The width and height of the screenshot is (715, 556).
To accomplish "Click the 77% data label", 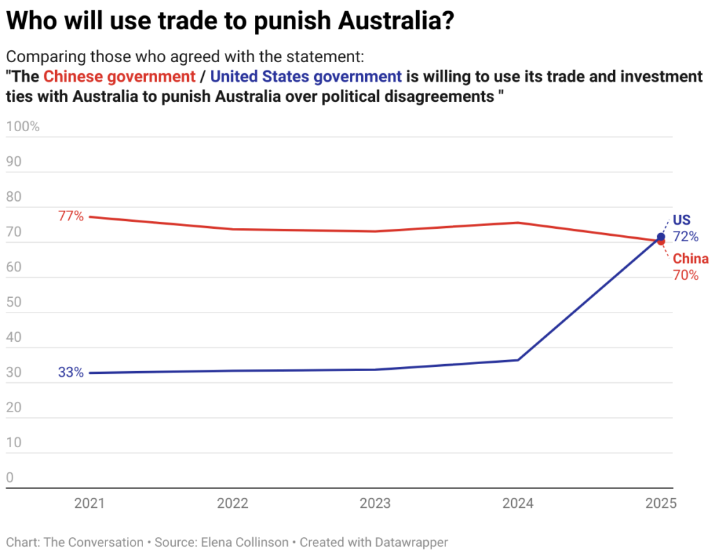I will (71, 216).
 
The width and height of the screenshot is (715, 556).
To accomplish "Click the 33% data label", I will (71, 373).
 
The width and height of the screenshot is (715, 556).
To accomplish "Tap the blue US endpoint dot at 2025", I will (661, 236).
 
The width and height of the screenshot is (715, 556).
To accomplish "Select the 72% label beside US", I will (685, 236).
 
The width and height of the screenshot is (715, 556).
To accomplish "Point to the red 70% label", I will (685, 275).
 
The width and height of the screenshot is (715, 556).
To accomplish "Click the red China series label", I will (691, 259).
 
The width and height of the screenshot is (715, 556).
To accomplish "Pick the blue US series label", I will (681, 219).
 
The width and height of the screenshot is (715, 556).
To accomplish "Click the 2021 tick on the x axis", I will (89, 503).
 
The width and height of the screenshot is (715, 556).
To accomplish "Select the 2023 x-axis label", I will (374, 503).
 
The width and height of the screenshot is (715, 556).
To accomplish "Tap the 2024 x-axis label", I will (517, 503).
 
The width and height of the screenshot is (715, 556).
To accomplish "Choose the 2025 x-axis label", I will (661, 503).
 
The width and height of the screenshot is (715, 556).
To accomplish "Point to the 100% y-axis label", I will (23, 127).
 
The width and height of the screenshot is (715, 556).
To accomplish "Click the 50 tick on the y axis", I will (15, 303).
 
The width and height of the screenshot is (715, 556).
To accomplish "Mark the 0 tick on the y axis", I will (10, 478).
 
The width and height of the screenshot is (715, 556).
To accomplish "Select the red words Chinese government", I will (119, 76).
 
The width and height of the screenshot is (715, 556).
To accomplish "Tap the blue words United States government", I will (306, 76).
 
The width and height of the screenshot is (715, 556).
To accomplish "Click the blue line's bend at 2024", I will (517, 360).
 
